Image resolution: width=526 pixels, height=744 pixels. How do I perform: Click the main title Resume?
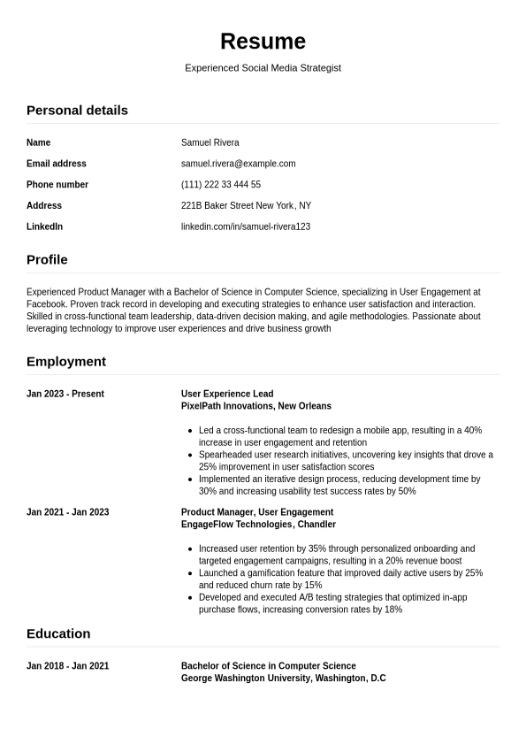[263, 42]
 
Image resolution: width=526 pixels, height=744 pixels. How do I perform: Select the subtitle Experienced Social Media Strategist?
[263, 68]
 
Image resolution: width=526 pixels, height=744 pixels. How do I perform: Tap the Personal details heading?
[77, 111]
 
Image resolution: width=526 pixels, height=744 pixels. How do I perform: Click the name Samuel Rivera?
[210, 142]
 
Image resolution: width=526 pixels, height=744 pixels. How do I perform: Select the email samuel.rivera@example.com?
[238, 164]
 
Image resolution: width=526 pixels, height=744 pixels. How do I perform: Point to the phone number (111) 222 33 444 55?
[220, 185]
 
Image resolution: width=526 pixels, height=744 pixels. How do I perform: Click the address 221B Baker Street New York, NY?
[246, 206]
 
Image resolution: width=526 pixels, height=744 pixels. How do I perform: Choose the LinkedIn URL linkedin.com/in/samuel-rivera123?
[245, 227]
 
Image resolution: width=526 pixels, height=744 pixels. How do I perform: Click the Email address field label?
[57, 164]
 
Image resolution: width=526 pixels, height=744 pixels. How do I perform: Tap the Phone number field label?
[57, 185]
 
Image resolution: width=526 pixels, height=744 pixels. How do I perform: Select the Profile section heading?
[47, 260]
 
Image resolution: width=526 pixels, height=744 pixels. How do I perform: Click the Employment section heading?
[66, 362]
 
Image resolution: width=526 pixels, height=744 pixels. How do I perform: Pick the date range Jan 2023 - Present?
[65, 395]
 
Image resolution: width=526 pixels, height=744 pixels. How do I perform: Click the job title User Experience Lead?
[227, 395]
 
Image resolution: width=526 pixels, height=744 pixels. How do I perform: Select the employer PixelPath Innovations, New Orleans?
[255, 407]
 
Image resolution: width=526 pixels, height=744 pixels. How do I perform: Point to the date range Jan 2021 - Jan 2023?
[67, 512]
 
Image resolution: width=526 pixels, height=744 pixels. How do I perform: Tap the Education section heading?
[58, 634]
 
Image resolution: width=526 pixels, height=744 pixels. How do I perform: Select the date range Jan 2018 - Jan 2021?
[67, 666]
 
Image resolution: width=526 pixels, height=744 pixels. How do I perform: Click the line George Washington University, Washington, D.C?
[283, 679]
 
